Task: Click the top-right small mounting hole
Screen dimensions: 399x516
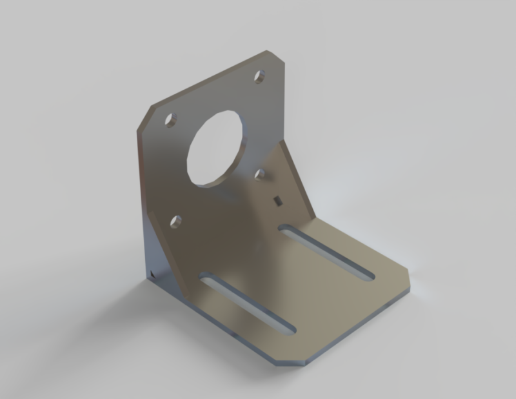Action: [260, 77]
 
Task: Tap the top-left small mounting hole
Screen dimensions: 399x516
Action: [170, 120]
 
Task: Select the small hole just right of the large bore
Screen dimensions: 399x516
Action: [261, 174]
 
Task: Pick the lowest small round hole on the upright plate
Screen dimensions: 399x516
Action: [175, 222]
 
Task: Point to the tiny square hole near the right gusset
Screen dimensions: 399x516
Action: [277, 201]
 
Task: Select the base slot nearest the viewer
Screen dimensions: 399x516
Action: [248, 303]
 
